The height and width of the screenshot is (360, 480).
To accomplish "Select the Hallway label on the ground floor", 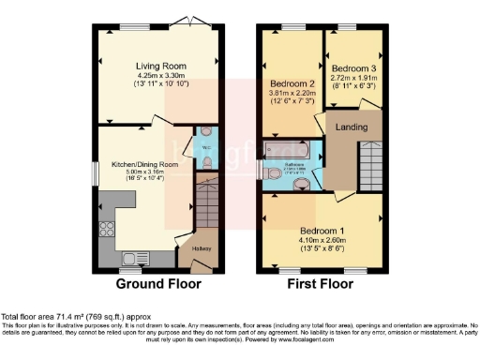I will [203, 248].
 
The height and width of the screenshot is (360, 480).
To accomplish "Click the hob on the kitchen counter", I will [106, 228].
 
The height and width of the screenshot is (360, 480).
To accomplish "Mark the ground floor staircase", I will [205, 204].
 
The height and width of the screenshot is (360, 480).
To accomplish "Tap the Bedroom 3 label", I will [352, 68].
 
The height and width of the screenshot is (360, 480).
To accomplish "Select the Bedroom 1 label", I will [322, 230].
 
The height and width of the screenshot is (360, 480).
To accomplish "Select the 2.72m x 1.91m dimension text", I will [352, 78].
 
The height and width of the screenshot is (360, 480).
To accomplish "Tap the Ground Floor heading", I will [155, 283].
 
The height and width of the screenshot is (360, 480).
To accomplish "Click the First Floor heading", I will [322, 283].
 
